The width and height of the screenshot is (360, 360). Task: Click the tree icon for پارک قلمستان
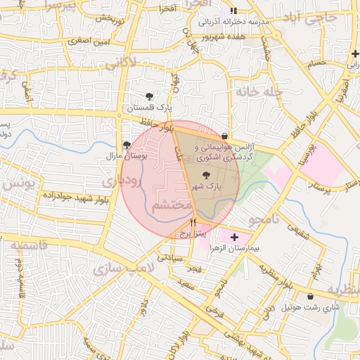click(x=148, y=96)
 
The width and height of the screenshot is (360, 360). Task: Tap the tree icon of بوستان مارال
click(x=127, y=145)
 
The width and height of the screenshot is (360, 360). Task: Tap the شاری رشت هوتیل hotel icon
click(x=311, y=297)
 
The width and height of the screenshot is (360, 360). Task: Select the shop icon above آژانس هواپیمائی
click(x=224, y=136)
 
